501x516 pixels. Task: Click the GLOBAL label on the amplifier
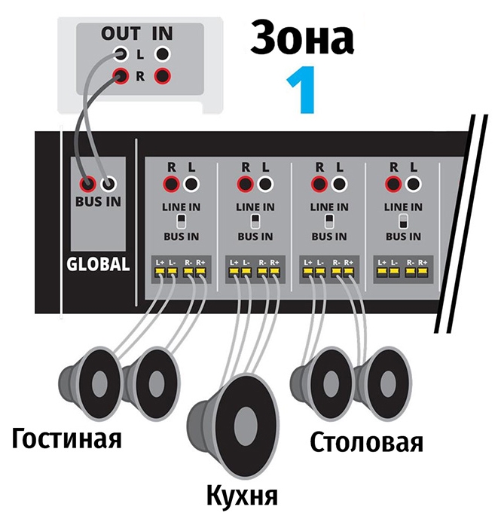click(99, 264)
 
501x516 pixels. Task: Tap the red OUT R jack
click(121, 76)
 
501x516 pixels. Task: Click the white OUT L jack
click(121, 54)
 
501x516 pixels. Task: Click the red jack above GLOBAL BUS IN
click(89, 183)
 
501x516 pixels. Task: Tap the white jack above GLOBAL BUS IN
click(110, 183)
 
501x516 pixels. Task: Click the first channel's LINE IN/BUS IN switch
click(181, 221)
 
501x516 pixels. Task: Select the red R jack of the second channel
click(244, 184)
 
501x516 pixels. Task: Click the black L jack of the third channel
click(339, 184)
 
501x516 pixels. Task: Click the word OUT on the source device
click(122, 33)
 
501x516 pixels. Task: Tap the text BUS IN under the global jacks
click(99, 201)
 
